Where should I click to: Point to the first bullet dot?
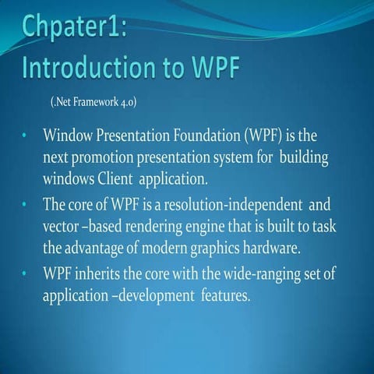25,137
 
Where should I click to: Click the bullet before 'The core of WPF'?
25,206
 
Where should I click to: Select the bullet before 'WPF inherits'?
25,275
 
